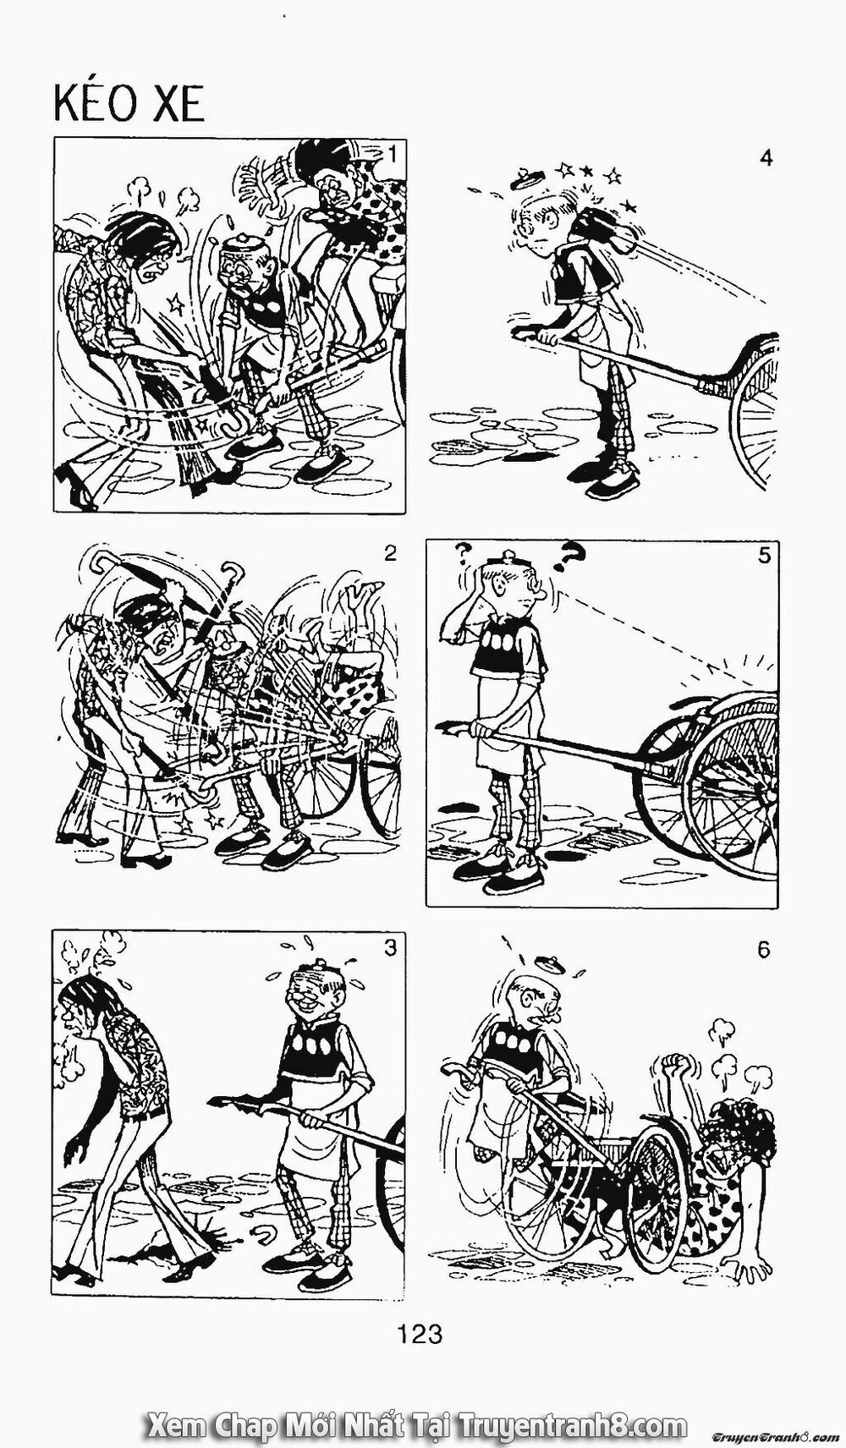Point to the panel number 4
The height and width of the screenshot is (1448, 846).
pos(766,158)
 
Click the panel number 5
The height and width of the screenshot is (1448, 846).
pos(764,556)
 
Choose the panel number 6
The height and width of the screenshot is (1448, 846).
pos(764,950)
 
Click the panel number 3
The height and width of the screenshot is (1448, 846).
pos(389,948)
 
